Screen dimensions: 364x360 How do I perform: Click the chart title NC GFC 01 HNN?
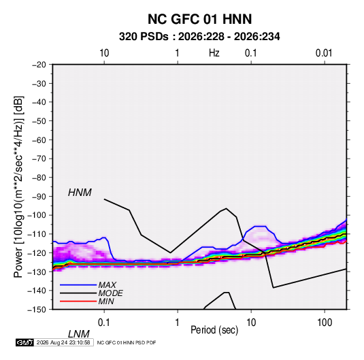tap(199, 19)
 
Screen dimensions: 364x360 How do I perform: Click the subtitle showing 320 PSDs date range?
tap(199, 37)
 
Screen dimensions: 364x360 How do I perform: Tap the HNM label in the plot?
tap(80, 193)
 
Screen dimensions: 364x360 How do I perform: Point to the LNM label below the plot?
tap(78, 334)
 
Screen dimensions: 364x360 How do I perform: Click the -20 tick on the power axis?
tap(39, 65)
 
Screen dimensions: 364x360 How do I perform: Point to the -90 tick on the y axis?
tap(39, 197)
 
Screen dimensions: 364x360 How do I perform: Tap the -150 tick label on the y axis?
tap(37, 310)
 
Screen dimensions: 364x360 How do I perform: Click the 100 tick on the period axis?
tap(325, 323)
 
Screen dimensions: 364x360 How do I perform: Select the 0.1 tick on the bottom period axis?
tap(104, 323)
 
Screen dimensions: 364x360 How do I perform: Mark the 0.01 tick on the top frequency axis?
tap(324, 53)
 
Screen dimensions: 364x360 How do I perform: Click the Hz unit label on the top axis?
tap(214, 53)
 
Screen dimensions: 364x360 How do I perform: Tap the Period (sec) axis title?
tap(214, 330)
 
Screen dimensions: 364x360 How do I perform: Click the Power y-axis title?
tap(18, 187)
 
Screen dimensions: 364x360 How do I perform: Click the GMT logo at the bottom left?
tap(24, 342)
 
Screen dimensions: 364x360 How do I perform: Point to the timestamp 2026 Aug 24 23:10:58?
tap(63, 342)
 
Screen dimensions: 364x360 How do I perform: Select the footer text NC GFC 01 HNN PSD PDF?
tap(127, 342)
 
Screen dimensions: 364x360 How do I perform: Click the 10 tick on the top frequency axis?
tap(104, 53)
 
